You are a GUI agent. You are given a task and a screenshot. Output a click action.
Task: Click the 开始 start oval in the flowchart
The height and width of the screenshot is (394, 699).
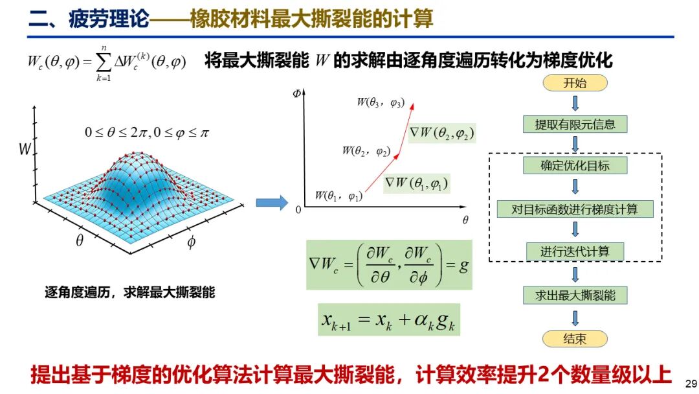pyautogui.click(x=575, y=83)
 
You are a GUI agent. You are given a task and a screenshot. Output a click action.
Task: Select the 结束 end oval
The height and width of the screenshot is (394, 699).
pyautogui.click(x=575, y=339)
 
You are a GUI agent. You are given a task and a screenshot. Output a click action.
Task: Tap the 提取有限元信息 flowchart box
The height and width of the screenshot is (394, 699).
pyautogui.click(x=575, y=124)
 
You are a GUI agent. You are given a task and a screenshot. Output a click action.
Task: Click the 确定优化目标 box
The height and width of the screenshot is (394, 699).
pyautogui.click(x=575, y=165)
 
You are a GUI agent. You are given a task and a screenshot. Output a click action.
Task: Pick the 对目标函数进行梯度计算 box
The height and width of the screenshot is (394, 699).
pyautogui.click(x=575, y=209)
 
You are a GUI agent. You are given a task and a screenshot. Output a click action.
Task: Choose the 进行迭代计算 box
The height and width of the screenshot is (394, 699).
pyautogui.click(x=575, y=251)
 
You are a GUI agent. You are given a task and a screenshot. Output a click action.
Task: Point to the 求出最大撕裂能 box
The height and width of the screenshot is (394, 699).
pyautogui.click(x=575, y=295)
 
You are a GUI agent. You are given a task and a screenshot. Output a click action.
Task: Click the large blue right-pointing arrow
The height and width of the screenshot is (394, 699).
pyautogui.click(x=272, y=203)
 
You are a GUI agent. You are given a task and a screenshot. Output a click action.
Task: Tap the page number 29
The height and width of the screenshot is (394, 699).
pyautogui.click(x=691, y=384)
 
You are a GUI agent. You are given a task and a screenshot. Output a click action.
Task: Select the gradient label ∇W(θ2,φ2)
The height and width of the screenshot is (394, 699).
pyautogui.click(x=442, y=133)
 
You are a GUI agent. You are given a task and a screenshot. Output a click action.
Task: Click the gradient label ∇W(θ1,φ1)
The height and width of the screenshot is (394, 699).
pyautogui.click(x=417, y=183)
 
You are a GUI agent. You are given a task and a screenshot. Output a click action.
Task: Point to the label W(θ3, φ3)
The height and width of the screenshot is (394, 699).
pyautogui.click(x=381, y=102)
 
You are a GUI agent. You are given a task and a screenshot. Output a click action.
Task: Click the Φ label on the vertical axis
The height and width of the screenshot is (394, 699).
pyautogui.click(x=297, y=93)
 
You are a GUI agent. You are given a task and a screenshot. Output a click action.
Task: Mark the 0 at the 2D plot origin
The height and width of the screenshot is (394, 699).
pyautogui.click(x=298, y=210)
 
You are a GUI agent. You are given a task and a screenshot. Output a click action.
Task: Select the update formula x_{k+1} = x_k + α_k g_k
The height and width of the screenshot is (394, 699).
pyautogui.click(x=389, y=319)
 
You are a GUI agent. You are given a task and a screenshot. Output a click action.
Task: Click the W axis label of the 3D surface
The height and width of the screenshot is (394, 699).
pyautogui.click(x=25, y=148)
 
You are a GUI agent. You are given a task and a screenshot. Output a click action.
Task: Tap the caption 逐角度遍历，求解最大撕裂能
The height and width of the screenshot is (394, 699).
pyautogui.click(x=129, y=292)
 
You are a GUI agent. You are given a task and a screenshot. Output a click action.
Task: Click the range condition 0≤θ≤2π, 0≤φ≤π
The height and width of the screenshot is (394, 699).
pyautogui.click(x=147, y=133)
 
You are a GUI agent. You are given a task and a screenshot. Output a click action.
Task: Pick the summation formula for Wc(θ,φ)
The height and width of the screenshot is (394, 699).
pyautogui.click(x=107, y=63)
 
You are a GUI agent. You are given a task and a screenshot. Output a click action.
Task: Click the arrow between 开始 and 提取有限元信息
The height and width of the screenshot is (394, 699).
pyautogui.click(x=575, y=104)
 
